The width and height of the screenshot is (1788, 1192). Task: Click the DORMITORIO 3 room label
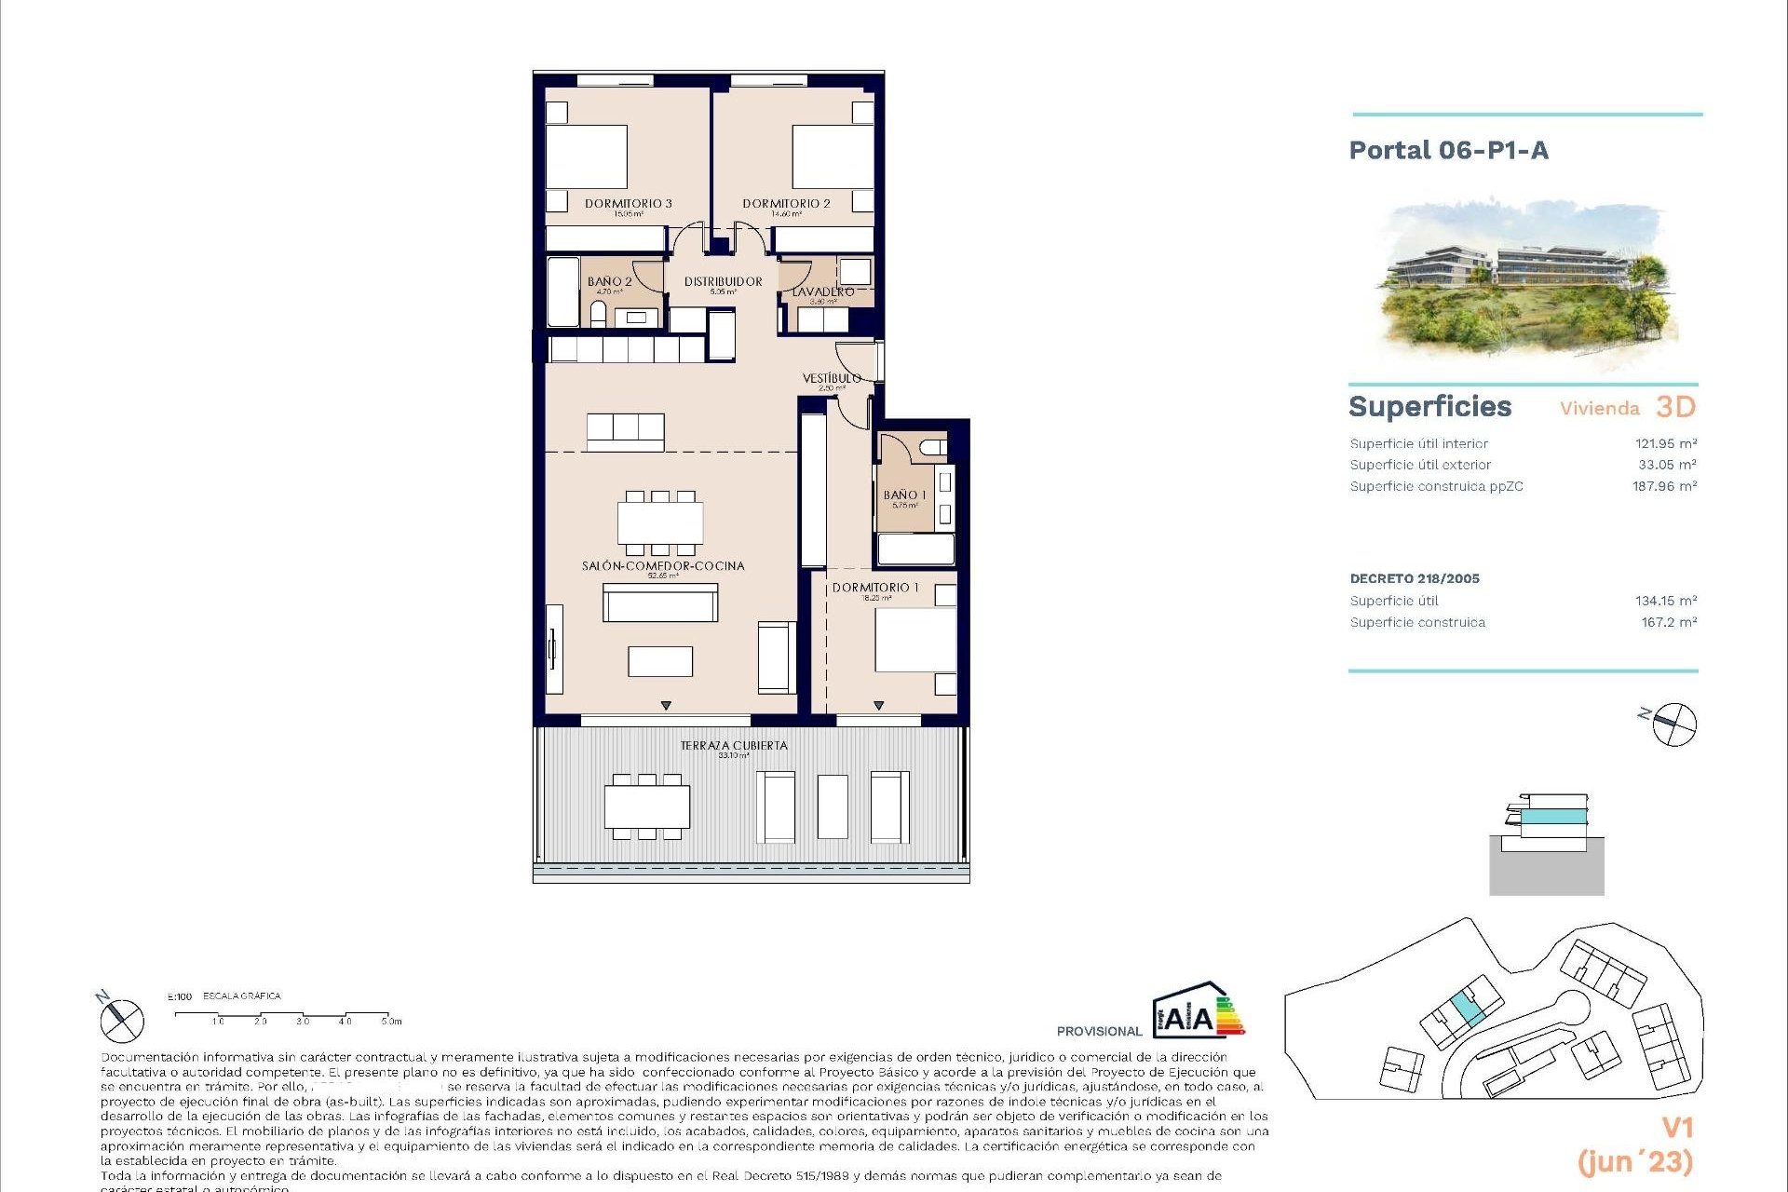click(x=628, y=203)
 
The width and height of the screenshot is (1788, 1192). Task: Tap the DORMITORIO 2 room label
click(x=786, y=203)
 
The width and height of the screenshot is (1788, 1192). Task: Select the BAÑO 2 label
click(x=609, y=281)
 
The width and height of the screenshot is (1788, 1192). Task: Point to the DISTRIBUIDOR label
click(x=723, y=281)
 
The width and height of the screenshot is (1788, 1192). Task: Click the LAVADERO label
click(x=822, y=292)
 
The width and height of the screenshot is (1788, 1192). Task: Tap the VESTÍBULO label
click(x=832, y=378)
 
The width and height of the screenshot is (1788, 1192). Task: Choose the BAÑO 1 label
click(x=904, y=495)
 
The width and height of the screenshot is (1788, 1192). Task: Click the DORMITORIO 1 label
click(x=874, y=588)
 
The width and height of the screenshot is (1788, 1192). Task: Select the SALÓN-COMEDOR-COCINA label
click(x=662, y=565)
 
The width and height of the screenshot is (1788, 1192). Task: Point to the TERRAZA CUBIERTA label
click(x=733, y=745)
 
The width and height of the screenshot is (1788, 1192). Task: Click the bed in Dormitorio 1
click(x=914, y=640)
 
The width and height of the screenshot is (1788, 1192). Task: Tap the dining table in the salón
click(x=659, y=523)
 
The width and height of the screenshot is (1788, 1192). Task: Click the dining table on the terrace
click(x=646, y=806)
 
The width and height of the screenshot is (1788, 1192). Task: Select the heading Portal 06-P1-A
click(x=1448, y=151)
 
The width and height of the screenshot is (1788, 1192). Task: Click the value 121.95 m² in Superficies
click(x=1665, y=444)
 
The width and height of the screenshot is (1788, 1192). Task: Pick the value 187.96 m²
click(x=1664, y=486)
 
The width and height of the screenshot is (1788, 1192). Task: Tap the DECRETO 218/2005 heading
click(x=1414, y=578)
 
